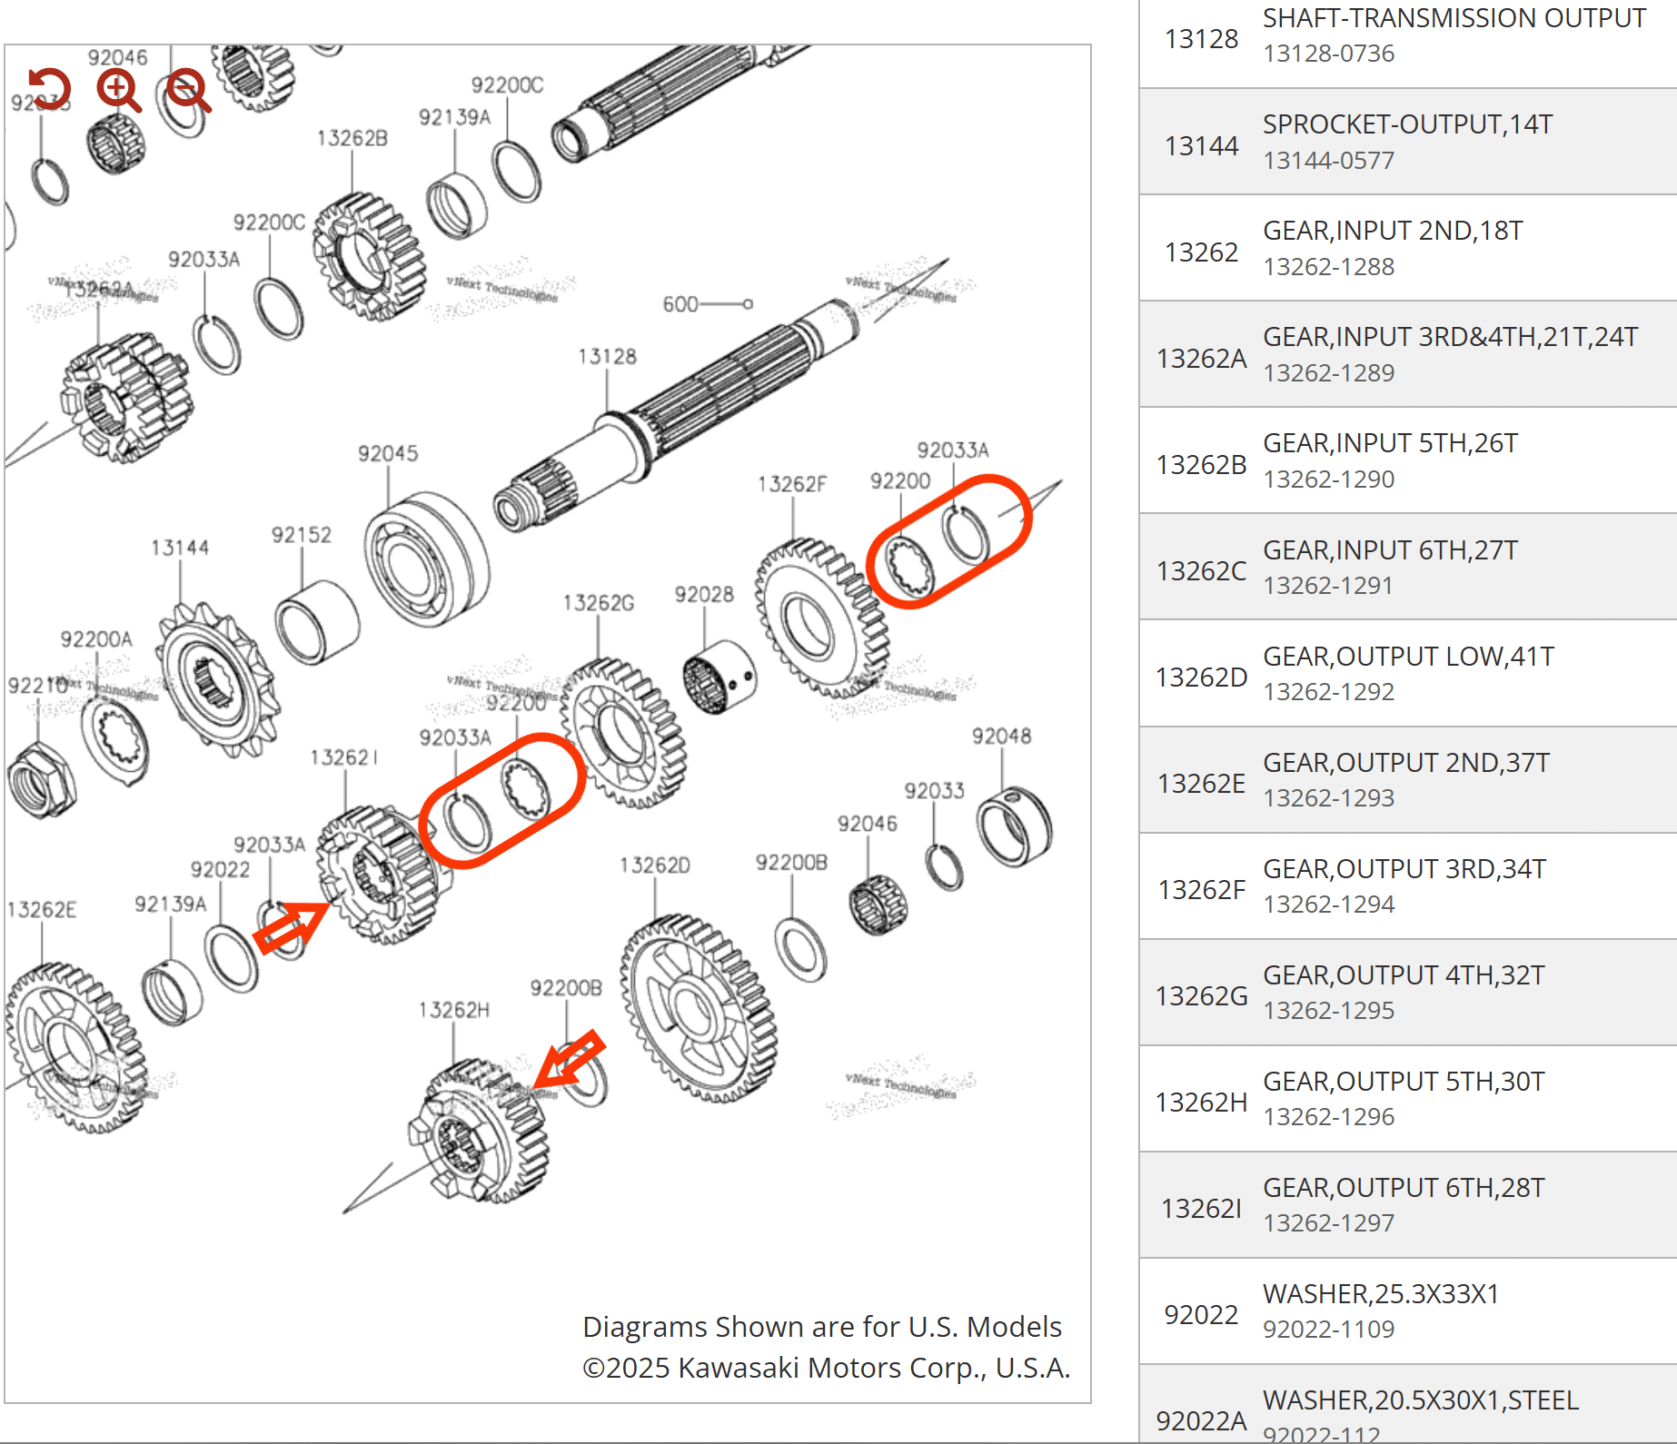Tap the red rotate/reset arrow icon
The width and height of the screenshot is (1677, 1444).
(49, 89)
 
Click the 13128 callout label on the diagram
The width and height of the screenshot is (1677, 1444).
(607, 356)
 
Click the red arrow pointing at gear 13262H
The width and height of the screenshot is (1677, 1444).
(570, 1059)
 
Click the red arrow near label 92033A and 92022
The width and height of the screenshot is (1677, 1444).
(290, 925)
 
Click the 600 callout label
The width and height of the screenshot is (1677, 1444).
(680, 304)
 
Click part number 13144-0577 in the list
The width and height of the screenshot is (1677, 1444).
(1328, 161)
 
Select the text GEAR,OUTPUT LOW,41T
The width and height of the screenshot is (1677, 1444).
(1408, 657)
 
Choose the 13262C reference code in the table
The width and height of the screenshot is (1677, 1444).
(1201, 571)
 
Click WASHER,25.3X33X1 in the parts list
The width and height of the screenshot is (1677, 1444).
(1381, 1294)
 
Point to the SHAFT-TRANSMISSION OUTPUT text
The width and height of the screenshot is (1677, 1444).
(1454, 18)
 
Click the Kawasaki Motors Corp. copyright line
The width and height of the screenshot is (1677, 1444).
(826, 1368)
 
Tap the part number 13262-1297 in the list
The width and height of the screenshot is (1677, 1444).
(1328, 1223)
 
